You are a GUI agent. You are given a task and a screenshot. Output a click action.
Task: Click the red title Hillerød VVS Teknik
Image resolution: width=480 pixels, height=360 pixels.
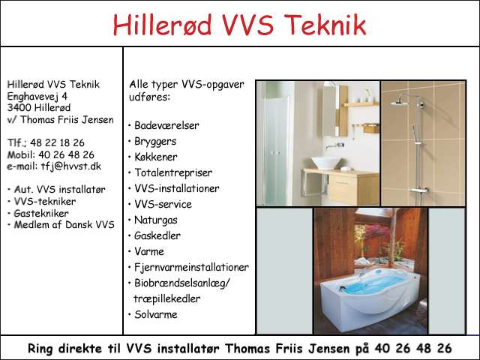[x=239, y=25]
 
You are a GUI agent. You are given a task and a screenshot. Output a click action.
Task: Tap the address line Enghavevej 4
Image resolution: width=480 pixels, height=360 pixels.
[x=37, y=97]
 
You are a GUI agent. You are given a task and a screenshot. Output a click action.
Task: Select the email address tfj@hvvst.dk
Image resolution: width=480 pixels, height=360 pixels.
[x=71, y=166]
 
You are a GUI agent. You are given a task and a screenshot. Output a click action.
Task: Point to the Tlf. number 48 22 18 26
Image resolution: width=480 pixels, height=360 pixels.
[x=57, y=142]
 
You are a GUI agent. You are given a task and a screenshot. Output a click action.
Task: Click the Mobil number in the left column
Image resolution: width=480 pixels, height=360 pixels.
[x=66, y=154]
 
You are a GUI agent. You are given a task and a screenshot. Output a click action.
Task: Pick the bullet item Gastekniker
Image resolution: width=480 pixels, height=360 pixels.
[x=41, y=213]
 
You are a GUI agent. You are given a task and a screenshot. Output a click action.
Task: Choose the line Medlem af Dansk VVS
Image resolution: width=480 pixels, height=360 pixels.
[x=64, y=225]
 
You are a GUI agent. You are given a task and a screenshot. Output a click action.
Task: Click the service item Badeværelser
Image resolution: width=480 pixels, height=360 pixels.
[x=166, y=125]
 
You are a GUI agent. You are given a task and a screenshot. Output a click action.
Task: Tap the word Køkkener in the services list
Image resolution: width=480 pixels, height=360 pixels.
[x=156, y=157]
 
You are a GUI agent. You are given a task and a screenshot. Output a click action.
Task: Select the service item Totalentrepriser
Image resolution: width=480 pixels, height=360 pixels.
[x=173, y=173]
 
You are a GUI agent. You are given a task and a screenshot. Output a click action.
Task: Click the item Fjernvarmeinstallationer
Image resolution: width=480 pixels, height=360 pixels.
[x=192, y=267]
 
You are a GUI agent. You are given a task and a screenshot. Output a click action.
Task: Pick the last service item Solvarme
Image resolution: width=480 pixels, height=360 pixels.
[x=156, y=314]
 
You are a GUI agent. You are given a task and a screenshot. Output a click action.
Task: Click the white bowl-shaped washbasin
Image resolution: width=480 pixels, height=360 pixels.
[x=326, y=163]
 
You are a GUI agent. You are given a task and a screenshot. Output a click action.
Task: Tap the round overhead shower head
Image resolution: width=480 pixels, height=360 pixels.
[x=400, y=103]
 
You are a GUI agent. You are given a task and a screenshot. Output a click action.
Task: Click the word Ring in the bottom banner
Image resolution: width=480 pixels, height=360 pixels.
[x=40, y=348]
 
